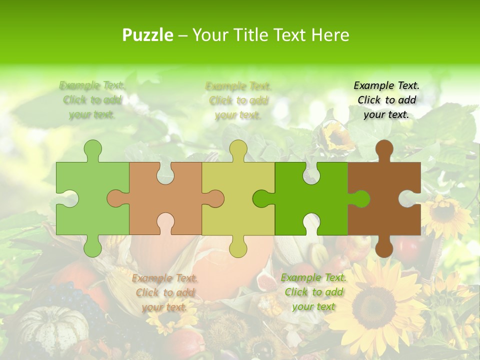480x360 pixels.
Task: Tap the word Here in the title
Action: click(x=330, y=35)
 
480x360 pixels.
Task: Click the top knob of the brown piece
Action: click(x=384, y=150)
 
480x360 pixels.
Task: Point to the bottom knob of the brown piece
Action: click(x=384, y=247)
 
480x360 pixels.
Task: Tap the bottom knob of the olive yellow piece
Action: click(x=238, y=247)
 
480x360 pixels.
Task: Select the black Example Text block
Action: click(x=386, y=100)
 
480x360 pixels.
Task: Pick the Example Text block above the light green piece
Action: click(x=92, y=100)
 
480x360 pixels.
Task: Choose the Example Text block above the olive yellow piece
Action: click(x=238, y=100)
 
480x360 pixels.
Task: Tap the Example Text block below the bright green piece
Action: click(x=313, y=292)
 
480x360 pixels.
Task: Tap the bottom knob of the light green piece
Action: click(x=92, y=247)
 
